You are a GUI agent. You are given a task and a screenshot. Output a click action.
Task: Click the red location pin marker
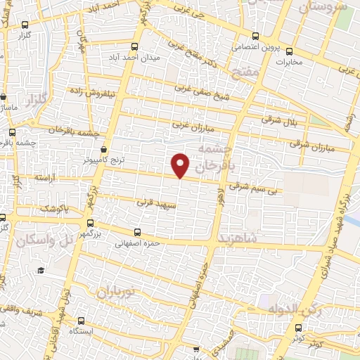181,165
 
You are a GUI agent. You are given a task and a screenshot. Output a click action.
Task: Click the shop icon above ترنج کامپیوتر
104,149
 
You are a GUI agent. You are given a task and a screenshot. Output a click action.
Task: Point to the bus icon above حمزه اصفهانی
136,232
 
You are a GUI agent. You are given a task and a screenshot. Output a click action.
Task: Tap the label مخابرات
286,60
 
